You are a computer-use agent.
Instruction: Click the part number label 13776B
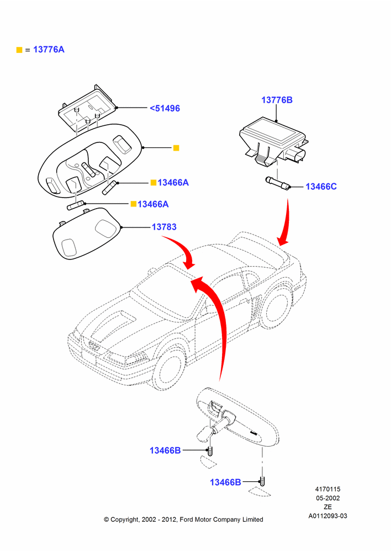[x=277, y=100]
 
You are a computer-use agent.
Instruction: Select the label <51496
[x=165, y=108]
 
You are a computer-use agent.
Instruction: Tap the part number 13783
[x=164, y=227]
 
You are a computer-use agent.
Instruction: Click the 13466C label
[x=321, y=187]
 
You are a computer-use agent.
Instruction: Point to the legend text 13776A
[x=49, y=50]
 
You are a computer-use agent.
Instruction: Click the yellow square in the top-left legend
[x=19, y=50]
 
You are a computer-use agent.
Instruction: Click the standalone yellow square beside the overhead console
[x=177, y=148]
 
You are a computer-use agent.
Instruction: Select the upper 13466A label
[x=173, y=182]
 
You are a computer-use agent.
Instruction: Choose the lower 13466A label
[x=153, y=204]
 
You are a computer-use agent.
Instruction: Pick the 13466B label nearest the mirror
[x=165, y=450]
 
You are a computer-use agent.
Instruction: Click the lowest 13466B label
[x=225, y=482]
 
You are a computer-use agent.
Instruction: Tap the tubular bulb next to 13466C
[x=278, y=183]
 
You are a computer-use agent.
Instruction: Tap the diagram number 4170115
[x=327, y=489]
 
